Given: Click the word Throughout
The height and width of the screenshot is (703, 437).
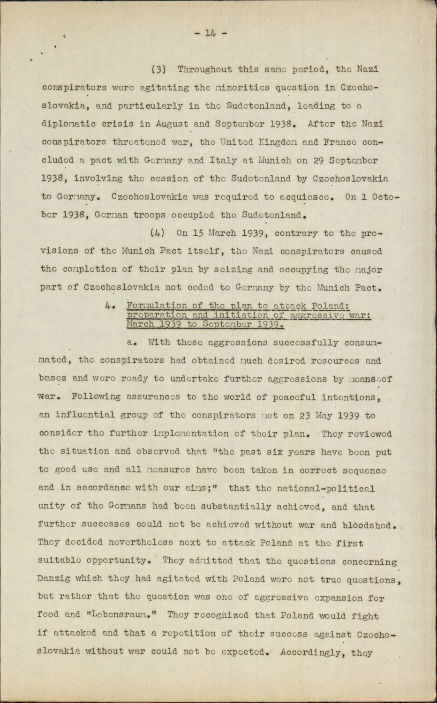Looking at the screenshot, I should coord(204,69).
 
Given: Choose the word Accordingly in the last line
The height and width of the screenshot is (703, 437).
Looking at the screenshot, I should coord(311,652).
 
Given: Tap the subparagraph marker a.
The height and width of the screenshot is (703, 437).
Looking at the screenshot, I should coord(132,343).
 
